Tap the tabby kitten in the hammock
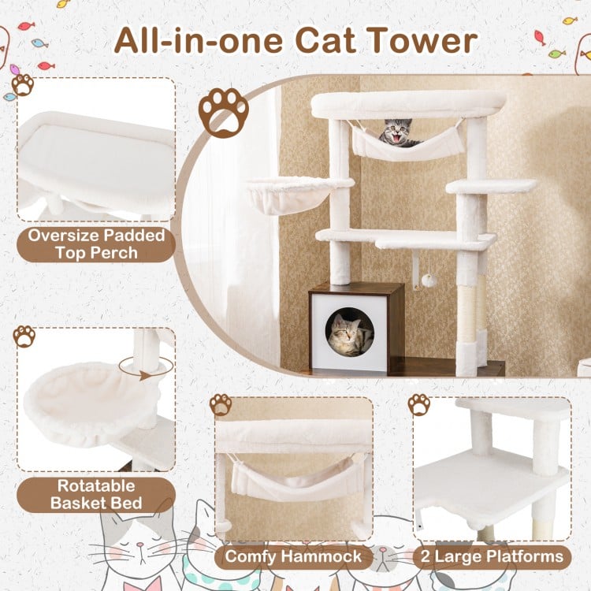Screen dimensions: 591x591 pyautogui.click(x=398, y=132)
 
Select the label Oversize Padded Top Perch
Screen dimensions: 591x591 pyautogui.click(x=96, y=244)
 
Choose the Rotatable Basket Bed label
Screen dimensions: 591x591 pyautogui.click(x=96, y=494)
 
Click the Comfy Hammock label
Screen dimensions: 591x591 pyautogui.click(x=293, y=557)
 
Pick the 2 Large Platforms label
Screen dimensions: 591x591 pyautogui.click(x=492, y=557)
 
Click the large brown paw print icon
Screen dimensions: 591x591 pyautogui.click(x=224, y=111)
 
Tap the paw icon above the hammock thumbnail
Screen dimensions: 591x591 pyautogui.click(x=221, y=405)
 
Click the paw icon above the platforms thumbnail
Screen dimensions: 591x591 pyautogui.click(x=419, y=405)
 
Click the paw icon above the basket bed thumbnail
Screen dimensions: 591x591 pyautogui.click(x=24, y=336)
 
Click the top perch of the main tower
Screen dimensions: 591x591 pyautogui.click(x=408, y=103)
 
